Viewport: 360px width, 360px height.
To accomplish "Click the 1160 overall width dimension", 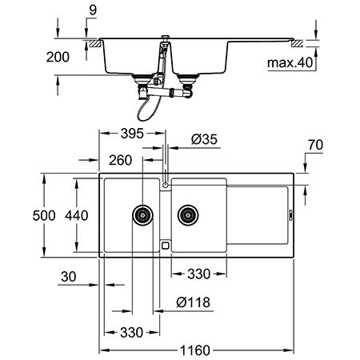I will pyautogui.click(x=198, y=349).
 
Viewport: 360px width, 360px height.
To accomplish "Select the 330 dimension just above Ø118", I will pyautogui.click(x=199, y=274).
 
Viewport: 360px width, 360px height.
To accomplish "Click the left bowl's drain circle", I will pyautogui.click(x=143, y=214).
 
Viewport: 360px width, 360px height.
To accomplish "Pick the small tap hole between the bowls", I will pyautogui.click(x=166, y=186).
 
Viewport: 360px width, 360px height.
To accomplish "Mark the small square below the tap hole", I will pyautogui.click(x=166, y=246).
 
